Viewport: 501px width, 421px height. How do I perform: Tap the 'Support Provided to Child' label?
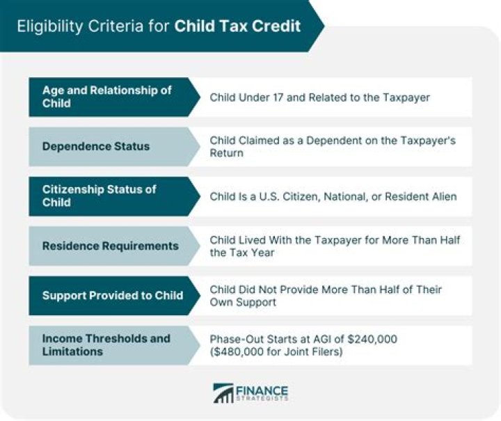tap(112, 295)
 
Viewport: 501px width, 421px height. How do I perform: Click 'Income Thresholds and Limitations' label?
tap(106, 345)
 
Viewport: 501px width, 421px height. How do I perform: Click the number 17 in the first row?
tap(278, 97)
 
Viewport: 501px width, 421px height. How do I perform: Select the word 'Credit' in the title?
tap(279, 26)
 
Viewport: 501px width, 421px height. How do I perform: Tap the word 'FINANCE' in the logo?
tap(263, 390)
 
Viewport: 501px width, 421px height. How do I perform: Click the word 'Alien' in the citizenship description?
tap(443, 197)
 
